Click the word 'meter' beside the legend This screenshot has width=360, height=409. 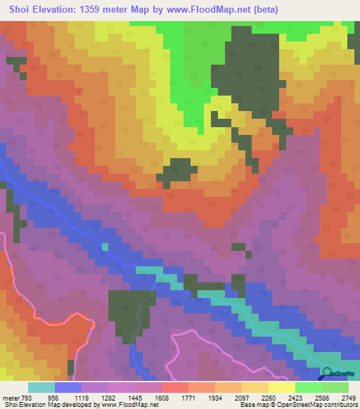[10, 397]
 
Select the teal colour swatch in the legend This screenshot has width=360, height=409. [41, 387]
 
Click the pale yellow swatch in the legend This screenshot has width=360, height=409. [281, 387]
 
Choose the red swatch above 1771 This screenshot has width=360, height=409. [174, 387]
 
